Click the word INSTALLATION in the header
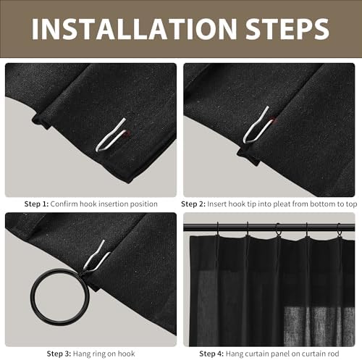point(134,28)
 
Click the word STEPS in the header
point(287,28)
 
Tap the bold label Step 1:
point(36,204)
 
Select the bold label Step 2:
point(193,204)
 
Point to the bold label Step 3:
point(59,353)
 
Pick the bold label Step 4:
point(211,353)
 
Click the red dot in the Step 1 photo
point(127,133)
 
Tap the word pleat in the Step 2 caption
point(266,204)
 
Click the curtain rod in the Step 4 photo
point(269,227)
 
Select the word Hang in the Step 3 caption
point(80,354)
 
